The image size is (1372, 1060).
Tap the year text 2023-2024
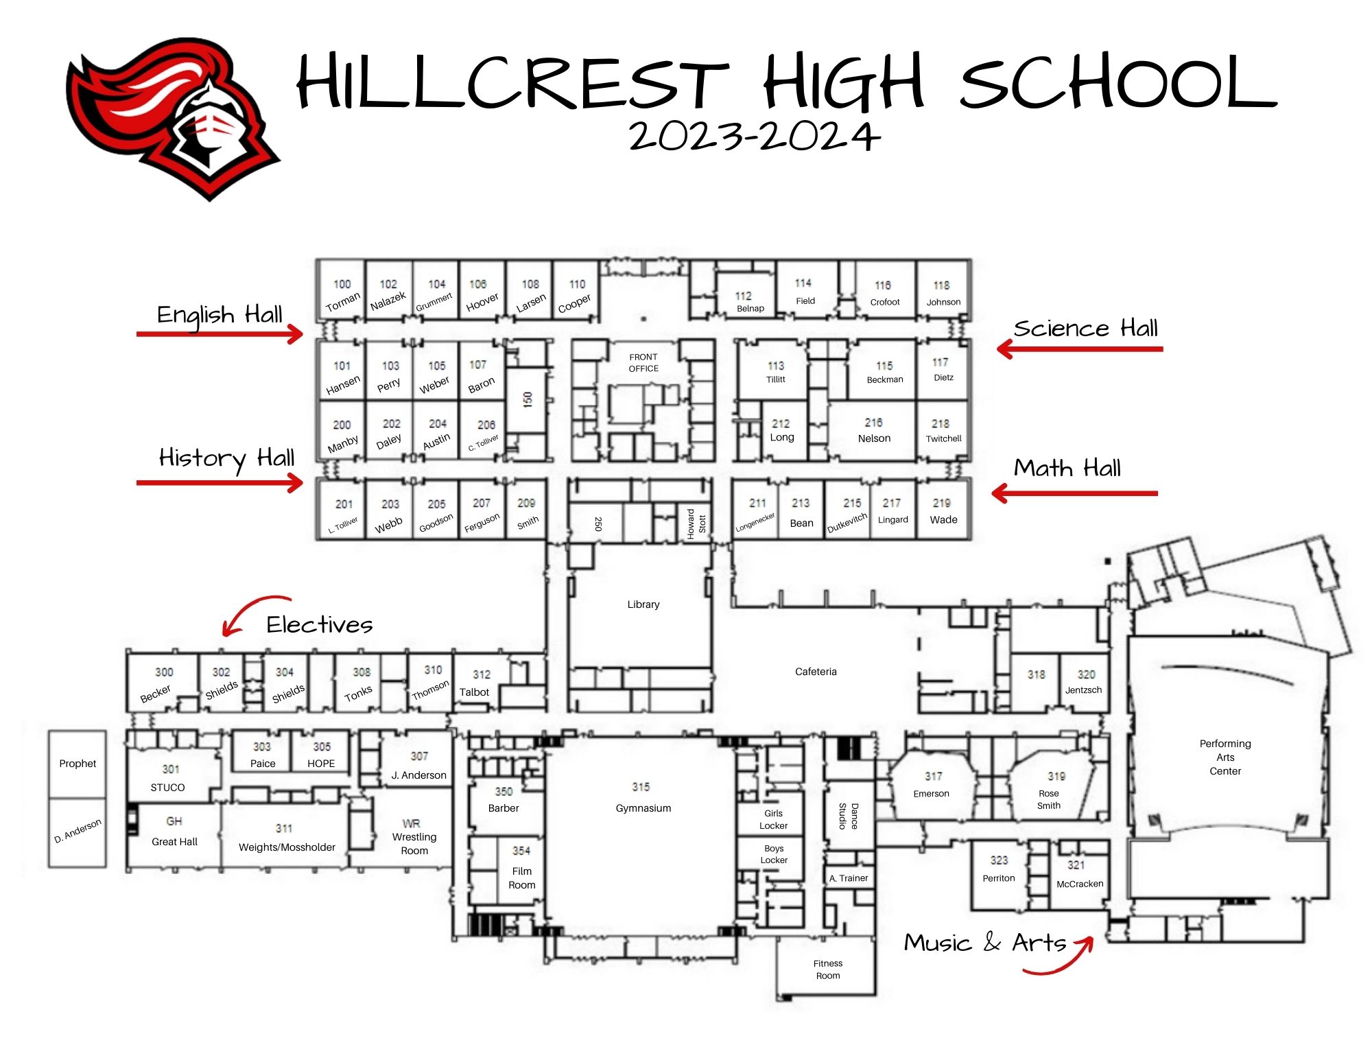pyautogui.click(x=755, y=136)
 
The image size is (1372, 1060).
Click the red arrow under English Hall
pyautogui.click(x=220, y=334)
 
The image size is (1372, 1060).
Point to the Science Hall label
pyautogui.click(x=1085, y=328)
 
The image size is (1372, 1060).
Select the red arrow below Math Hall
pyautogui.click(x=1074, y=493)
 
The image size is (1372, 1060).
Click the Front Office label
pyautogui.click(x=643, y=363)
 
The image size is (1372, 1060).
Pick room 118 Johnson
pyautogui.click(x=943, y=294)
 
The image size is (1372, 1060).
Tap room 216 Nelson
pyautogui.click(x=874, y=431)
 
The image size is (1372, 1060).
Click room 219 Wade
pyautogui.click(x=943, y=512)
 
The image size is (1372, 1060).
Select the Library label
pyautogui.click(x=643, y=604)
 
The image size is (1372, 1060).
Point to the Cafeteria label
pyautogui.click(x=816, y=672)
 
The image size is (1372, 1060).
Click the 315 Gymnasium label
pyautogui.click(x=643, y=797)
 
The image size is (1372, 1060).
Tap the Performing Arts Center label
pyautogui.click(x=1225, y=757)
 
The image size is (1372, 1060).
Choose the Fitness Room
pyautogui.click(x=827, y=969)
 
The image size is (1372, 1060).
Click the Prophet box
pyautogui.click(x=78, y=764)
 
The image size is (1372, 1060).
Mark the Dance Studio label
pyautogui.click(x=849, y=816)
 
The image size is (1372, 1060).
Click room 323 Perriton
pyautogui.click(x=999, y=869)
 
